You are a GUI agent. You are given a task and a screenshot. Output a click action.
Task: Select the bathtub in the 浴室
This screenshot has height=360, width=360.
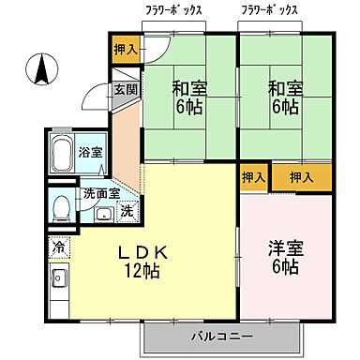63,151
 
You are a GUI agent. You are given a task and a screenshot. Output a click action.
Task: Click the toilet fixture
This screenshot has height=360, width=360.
62,205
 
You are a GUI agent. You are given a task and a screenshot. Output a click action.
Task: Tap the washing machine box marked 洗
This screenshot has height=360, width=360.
127,211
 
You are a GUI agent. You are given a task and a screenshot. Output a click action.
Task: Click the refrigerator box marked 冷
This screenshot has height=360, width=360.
58,249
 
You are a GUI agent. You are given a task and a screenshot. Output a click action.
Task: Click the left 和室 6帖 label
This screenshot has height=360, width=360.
188,97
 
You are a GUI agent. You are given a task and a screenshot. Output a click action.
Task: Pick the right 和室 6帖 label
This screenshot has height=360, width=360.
285,97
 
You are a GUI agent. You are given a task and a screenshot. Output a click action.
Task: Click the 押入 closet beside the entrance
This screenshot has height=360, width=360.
125,49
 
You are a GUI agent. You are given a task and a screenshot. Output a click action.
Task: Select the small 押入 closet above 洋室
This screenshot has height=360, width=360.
253,176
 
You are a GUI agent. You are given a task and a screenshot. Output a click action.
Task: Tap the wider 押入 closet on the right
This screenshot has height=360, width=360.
301,176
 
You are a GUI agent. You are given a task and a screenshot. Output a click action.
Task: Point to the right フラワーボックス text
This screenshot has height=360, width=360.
269,11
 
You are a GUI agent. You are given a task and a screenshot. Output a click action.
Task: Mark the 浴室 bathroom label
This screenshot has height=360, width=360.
91,152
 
